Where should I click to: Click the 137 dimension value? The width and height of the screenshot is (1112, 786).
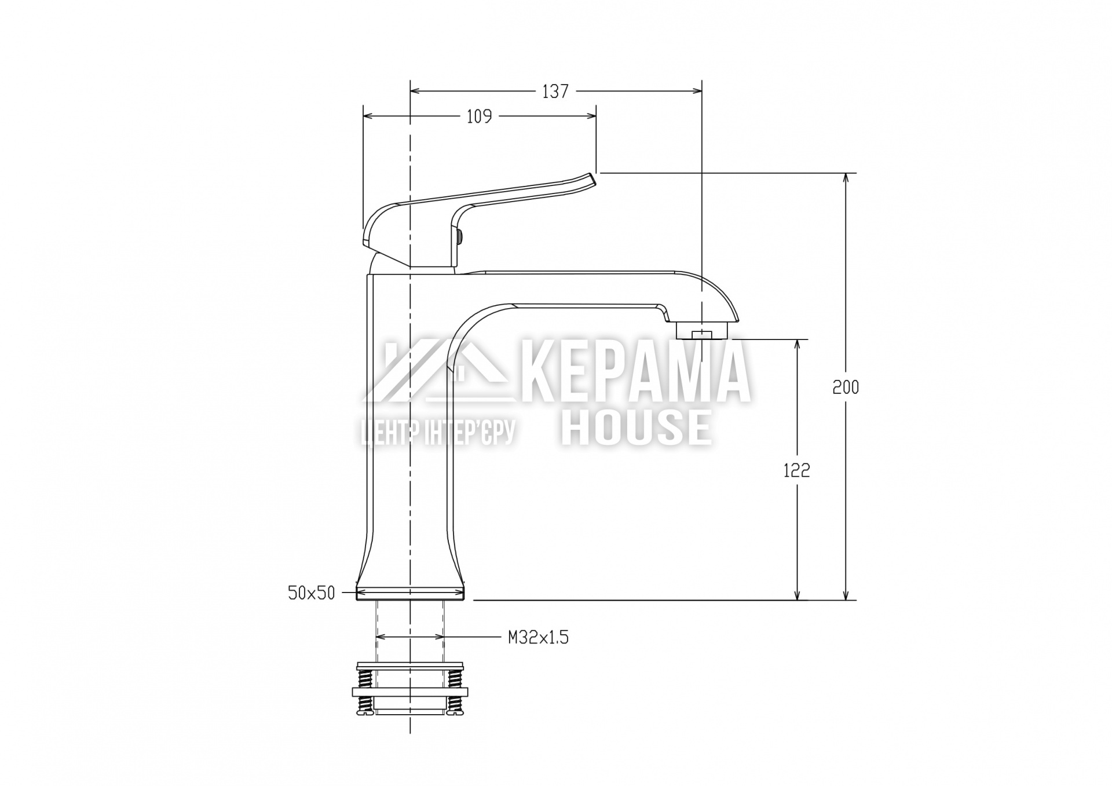555,92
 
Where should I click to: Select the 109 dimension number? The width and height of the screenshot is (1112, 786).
479,117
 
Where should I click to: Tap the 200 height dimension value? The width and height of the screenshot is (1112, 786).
846,387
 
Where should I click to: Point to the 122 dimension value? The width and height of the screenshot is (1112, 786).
797,471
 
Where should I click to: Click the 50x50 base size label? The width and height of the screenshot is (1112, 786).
312,593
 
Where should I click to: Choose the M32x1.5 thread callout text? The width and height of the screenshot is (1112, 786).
539,638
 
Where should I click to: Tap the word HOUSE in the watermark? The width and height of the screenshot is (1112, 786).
637,427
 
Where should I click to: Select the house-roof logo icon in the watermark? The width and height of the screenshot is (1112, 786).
438,370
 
